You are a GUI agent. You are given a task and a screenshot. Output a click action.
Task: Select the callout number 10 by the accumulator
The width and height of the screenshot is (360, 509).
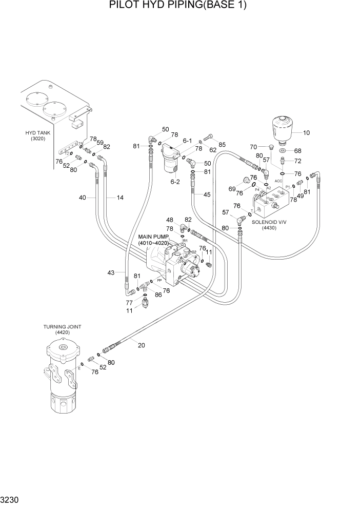tap(306, 133)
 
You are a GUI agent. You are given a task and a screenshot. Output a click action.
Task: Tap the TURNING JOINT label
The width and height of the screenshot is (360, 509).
tap(62, 326)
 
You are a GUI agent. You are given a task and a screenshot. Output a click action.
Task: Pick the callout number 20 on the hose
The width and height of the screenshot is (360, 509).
tap(141, 345)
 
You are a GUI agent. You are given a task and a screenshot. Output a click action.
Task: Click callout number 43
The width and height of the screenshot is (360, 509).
tap(111, 272)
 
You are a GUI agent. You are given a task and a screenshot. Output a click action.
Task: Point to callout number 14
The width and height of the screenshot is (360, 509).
tap(120, 197)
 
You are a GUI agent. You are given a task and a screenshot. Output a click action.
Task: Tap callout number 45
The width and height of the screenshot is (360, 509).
tap(207, 194)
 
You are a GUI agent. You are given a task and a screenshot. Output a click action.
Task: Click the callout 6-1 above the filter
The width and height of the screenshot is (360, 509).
tap(187, 141)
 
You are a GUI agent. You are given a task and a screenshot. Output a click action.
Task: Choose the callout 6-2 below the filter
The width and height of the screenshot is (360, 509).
tap(175, 181)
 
